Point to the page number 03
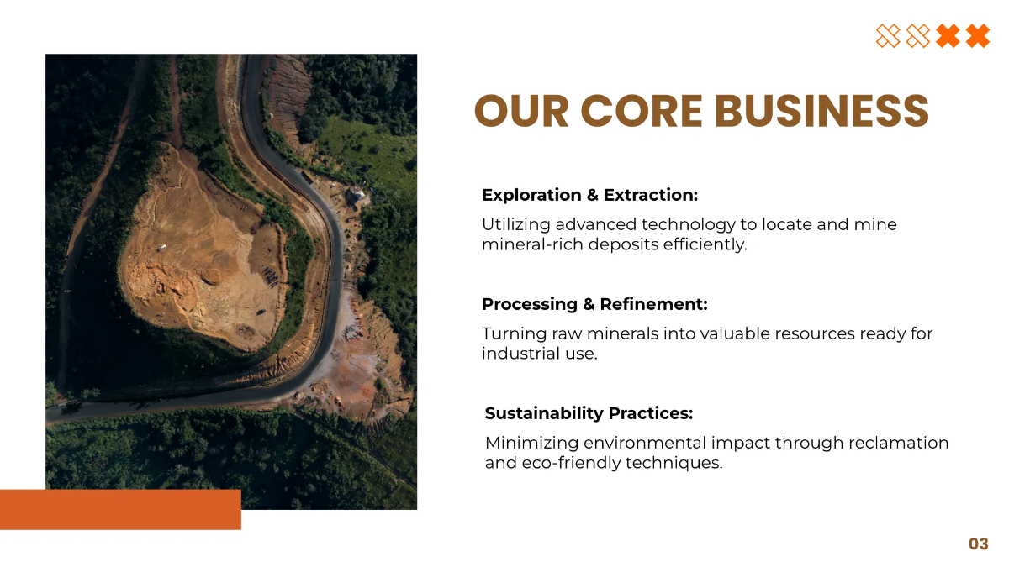pos(979,544)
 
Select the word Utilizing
pos(515,225)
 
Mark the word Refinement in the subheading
pos(653,305)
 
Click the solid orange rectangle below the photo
pos(120,510)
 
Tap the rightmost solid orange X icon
pos(977,36)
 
